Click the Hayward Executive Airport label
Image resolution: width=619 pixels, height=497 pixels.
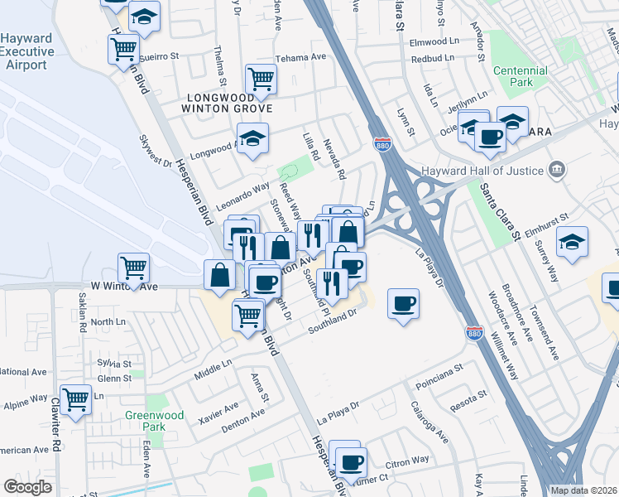tap(27, 51)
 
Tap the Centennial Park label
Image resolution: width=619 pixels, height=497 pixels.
tap(520, 77)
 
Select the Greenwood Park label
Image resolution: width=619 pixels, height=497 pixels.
tap(146, 421)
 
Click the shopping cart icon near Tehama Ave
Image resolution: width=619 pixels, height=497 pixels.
tap(261, 80)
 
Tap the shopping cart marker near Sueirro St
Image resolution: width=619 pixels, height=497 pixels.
tap(123, 49)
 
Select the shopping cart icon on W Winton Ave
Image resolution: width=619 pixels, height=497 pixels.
tap(133, 268)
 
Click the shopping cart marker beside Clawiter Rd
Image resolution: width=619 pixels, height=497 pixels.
tap(75, 399)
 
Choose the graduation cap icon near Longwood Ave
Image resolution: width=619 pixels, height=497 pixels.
tap(253, 137)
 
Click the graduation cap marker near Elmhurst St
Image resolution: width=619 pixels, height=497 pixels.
tap(572, 241)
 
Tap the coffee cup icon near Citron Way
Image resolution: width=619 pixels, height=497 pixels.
tap(351, 461)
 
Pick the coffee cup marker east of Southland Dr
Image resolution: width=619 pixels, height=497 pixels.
tap(403, 303)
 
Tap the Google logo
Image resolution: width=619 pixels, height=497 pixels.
tap(27, 486)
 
